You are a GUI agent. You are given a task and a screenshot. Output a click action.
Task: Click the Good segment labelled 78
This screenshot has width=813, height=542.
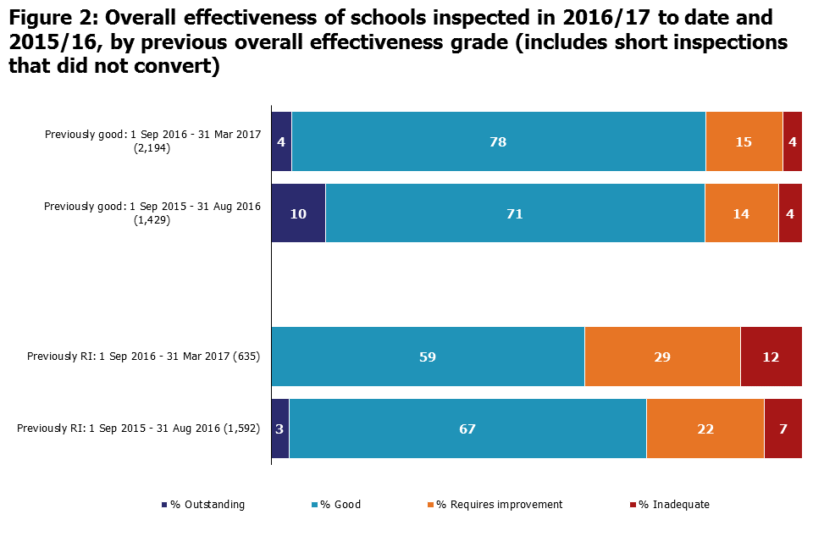(x=498, y=141)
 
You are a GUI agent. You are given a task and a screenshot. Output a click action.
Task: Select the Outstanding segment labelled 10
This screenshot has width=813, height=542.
(x=298, y=213)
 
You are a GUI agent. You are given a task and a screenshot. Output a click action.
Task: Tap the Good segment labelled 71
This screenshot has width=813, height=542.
(x=515, y=213)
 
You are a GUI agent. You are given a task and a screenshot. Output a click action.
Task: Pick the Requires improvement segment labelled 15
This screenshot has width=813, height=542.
(x=744, y=141)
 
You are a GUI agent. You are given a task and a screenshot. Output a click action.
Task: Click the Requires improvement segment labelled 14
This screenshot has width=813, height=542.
(x=741, y=213)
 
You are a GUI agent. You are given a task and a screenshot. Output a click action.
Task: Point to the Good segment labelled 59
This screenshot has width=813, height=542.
(x=428, y=357)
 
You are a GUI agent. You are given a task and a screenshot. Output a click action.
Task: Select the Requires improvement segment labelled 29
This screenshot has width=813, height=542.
(x=662, y=357)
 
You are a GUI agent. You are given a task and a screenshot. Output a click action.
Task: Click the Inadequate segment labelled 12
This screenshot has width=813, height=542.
(x=771, y=357)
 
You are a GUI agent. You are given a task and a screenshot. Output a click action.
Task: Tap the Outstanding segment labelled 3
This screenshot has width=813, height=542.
(x=279, y=429)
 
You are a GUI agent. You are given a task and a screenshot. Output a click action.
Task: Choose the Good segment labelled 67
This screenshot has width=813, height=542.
(x=467, y=429)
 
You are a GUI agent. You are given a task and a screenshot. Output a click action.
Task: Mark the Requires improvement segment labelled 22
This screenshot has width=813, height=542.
(x=705, y=429)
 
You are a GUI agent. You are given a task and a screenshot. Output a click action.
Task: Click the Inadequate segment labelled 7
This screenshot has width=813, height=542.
(x=783, y=429)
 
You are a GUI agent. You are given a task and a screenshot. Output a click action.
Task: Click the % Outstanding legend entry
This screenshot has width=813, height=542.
(x=203, y=505)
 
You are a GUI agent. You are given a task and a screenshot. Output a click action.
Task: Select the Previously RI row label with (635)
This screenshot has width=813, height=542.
(x=143, y=357)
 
